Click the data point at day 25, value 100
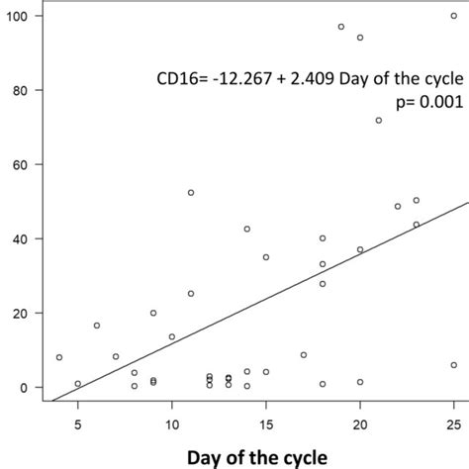tap(454, 16)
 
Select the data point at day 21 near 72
tap(379, 120)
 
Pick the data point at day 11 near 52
tap(191, 192)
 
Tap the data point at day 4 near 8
tap(59, 357)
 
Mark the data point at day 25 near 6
tap(454, 365)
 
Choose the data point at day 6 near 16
tap(97, 326)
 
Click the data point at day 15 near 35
tap(266, 257)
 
